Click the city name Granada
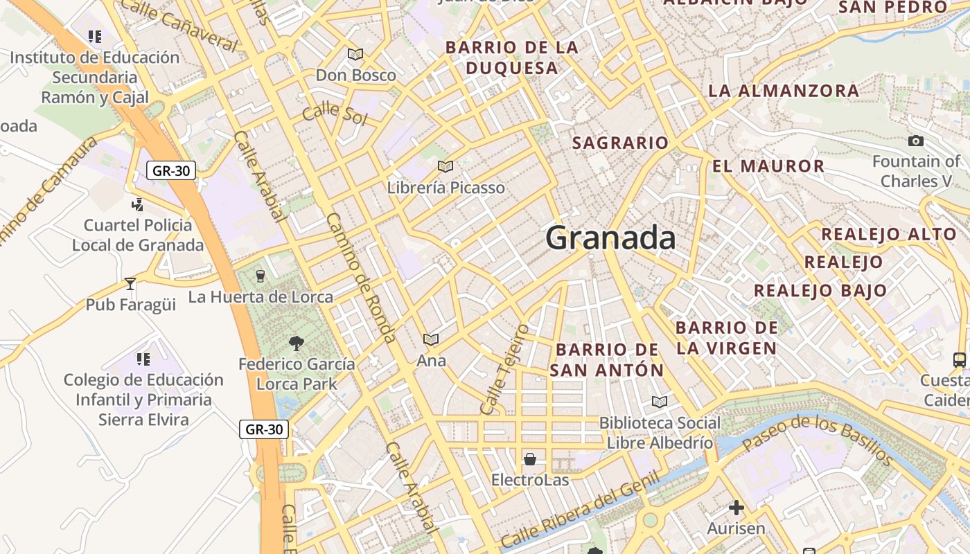(610, 238)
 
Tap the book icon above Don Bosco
(355, 54)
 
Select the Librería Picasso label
(446, 188)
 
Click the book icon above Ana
(431, 339)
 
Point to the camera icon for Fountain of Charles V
(916, 141)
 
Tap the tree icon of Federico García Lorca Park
(297, 343)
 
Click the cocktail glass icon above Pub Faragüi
(130, 283)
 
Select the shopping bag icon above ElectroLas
(530, 458)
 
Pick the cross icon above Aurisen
(736, 508)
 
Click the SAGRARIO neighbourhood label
(620, 143)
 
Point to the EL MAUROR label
(768, 166)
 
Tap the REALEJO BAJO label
(820, 291)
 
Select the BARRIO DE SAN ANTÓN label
(607, 359)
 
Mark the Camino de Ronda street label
(361, 278)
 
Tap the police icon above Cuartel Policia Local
(138, 204)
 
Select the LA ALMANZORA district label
(784, 91)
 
